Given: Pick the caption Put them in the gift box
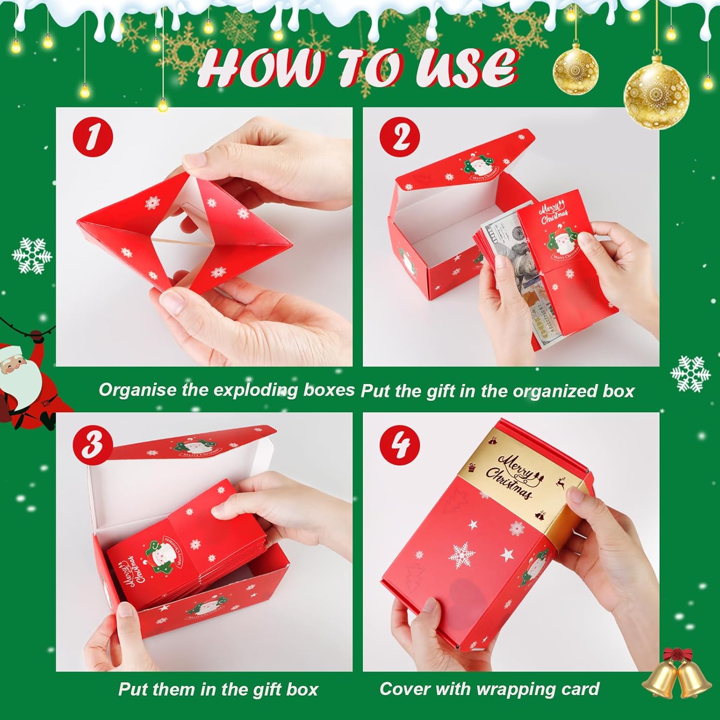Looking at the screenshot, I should (x=218, y=690).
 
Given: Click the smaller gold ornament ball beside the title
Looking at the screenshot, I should (x=576, y=70).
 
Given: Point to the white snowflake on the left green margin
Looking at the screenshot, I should (x=31, y=256).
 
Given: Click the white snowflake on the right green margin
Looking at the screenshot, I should (x=690, y=373).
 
